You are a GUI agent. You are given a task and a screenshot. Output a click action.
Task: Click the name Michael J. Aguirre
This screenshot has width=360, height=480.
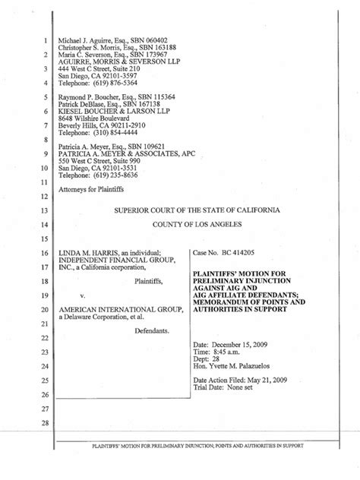click(x=88, y=40)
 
